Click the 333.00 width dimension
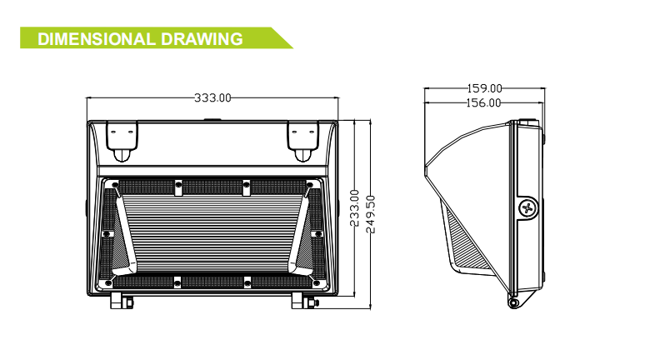(x=212, y=97)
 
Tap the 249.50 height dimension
(x=372, y=214)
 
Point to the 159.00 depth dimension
(x=484, y=88)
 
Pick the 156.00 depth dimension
(x=483, y=102)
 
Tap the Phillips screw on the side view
(x=527, y=207)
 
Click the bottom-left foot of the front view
(x=121, y=298)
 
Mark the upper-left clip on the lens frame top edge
(x=177, y=185)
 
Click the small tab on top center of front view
(x=212, y=118)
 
